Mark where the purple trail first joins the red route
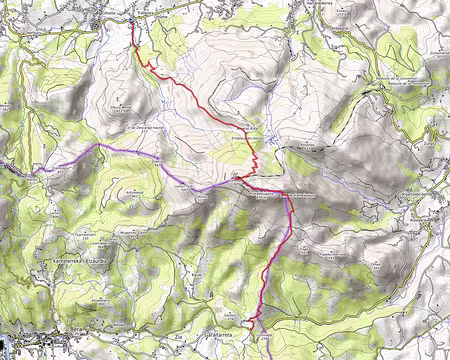tap(236, 181)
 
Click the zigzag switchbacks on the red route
tap(256, 161)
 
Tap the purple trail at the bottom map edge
tap(259, 355)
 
